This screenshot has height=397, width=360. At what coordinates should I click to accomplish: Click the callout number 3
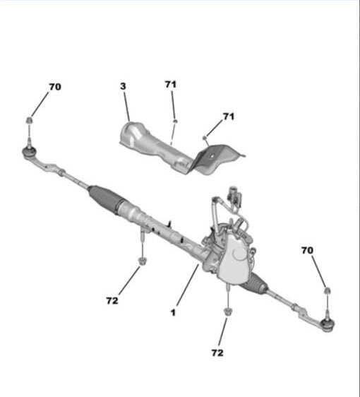123,86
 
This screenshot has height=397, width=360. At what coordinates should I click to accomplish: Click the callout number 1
173,313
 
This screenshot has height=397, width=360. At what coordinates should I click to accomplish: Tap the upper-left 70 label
55,87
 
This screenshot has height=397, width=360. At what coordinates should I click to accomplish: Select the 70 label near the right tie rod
307,250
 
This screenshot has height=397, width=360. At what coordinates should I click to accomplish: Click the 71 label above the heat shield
171,84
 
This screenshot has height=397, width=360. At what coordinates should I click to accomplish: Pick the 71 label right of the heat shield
229,117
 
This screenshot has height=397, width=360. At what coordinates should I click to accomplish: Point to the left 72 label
112,300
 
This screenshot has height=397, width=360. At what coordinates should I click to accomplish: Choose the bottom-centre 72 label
217,352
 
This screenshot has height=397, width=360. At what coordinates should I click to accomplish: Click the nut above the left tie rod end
30,120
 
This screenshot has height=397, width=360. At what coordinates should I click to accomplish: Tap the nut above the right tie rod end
328,291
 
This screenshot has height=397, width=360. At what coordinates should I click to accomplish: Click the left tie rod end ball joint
30,152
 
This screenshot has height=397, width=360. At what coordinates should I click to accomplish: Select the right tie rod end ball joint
328,324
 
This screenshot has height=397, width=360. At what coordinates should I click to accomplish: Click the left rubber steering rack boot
106,199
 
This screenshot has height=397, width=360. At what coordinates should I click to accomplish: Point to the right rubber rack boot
255,285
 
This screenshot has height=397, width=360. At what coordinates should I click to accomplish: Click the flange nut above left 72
143,261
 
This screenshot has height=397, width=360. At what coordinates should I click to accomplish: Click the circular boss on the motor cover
239,254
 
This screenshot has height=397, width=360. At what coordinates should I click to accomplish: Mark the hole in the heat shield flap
212,156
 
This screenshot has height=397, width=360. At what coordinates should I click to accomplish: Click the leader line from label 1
188,285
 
